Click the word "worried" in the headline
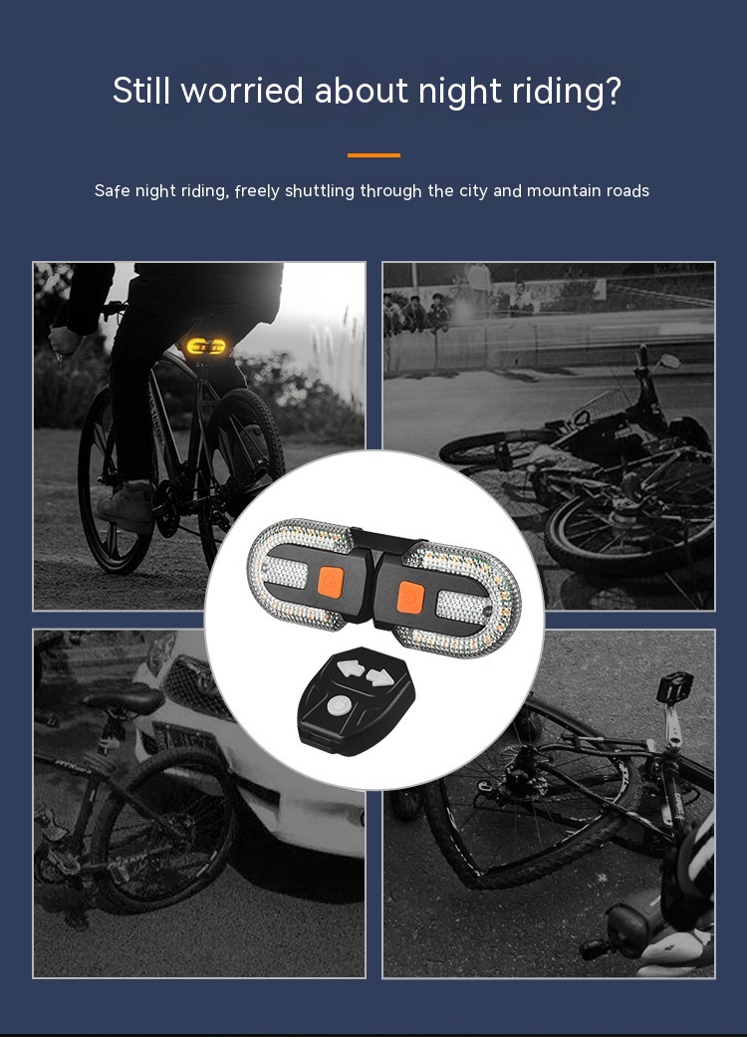point(242,90)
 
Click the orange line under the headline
point(373,155)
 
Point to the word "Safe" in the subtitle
point(113,191)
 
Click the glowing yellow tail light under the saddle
point(205,346)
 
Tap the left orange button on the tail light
point(330,582)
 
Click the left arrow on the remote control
point(352,669)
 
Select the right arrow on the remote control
point(379,677)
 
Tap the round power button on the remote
point(338,705)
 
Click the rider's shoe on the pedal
point(125,505)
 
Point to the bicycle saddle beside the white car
point(124,698)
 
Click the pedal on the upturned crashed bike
point(675,687)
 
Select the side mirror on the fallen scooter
point(669,361)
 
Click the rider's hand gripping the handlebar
point(65,342)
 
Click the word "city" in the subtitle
point(473,191)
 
